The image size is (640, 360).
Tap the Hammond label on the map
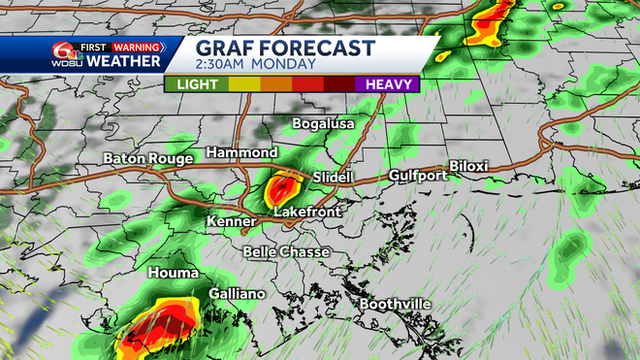point(241,153)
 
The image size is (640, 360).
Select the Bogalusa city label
point(324,124)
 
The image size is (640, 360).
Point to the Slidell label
point(335,178)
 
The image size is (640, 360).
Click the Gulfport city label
point(417,176)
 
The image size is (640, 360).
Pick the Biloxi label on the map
point(469,167)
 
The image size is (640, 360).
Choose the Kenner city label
point(231,222)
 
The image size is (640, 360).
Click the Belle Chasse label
point(286,252)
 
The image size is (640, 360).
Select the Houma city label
point(173,274)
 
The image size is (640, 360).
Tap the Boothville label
point(396,304)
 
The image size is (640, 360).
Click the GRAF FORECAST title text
point(285,48)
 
